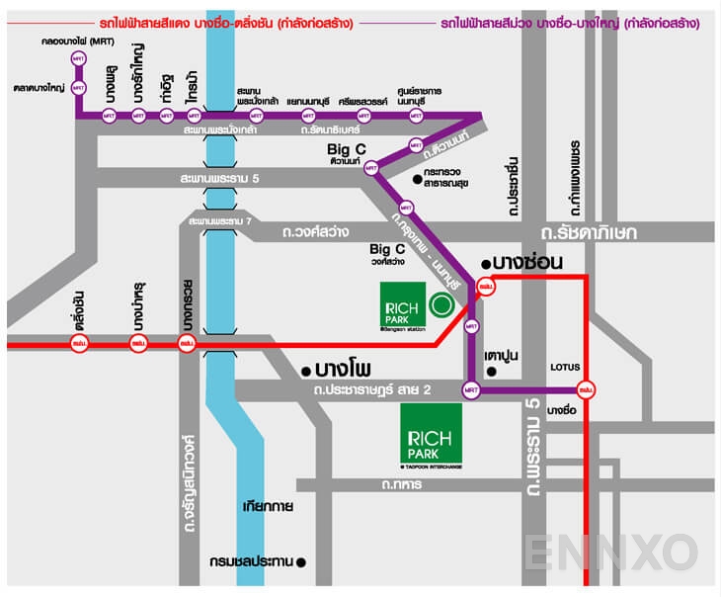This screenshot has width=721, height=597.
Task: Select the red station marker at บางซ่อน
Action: (484, 288)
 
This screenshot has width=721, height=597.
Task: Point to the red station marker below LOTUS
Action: (586, 390)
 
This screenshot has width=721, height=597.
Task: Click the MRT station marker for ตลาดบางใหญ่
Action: (79, 87)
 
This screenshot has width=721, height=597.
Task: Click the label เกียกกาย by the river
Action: (265, 507)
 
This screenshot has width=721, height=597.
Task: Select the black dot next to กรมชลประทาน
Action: (302, 562)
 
